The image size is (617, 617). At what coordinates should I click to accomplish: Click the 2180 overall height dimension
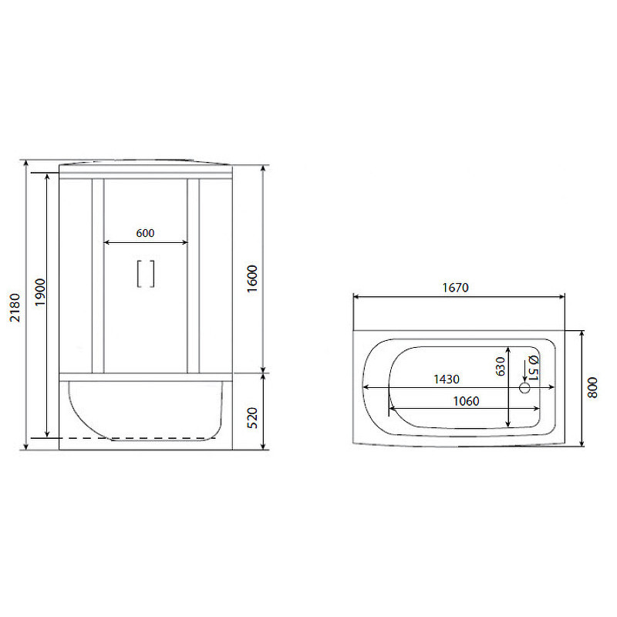pyautogui.click(x=15, y=307)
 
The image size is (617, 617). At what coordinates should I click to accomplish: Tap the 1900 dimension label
pyautogui.click(x=41, y=292)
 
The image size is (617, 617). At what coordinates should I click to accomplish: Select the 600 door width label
pyautogui.click(x=145, y=233)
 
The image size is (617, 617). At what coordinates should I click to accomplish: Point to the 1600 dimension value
pyautogui.click(x=252, y=278)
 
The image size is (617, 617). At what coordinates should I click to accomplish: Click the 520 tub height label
pyautogui.click(x=252, y=418)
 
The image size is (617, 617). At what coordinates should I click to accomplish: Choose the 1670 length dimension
pyautogui.click(x=455, y=288)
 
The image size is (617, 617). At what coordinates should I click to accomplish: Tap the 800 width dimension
pyautogui.click(x=592, y=388)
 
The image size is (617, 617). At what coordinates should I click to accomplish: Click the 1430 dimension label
pyautogui.click(x=447, y=379)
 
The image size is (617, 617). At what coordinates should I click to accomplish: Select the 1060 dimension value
pyautogui.click(x=466, y=401)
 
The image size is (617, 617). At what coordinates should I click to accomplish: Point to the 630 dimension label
pyautogui.click(x=500, y=366)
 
